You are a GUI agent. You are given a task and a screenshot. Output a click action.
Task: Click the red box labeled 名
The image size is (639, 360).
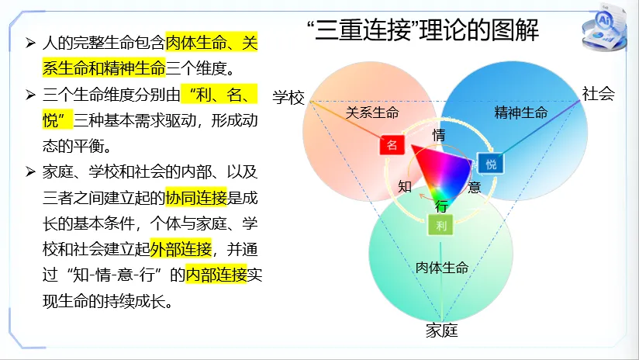(392, 145)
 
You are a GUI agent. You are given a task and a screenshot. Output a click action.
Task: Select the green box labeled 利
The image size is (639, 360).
(440, 226)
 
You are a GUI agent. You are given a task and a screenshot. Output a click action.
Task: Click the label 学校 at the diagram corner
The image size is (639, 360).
(288, 97)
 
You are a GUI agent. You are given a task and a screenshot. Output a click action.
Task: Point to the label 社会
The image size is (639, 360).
(598, 94)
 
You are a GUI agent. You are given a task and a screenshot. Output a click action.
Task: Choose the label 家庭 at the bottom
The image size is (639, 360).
(441, 331)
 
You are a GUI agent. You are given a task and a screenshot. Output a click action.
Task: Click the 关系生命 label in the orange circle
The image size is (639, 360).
(372, 112)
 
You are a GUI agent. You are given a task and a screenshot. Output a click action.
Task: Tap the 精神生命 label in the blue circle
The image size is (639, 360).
(521, 112)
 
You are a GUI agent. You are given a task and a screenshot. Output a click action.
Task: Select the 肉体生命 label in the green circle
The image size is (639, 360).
(442, 268)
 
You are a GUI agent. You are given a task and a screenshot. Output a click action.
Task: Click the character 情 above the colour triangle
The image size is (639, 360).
(439, 134)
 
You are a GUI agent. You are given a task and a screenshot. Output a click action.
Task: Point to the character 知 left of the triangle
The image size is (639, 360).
(405, 186)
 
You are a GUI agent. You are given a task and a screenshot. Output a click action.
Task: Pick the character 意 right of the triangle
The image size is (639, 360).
(475, 186)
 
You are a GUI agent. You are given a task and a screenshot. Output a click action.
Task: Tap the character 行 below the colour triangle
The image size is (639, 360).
(441, 206)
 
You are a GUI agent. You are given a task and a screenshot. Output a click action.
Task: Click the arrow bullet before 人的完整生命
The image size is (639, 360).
(30, 43)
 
